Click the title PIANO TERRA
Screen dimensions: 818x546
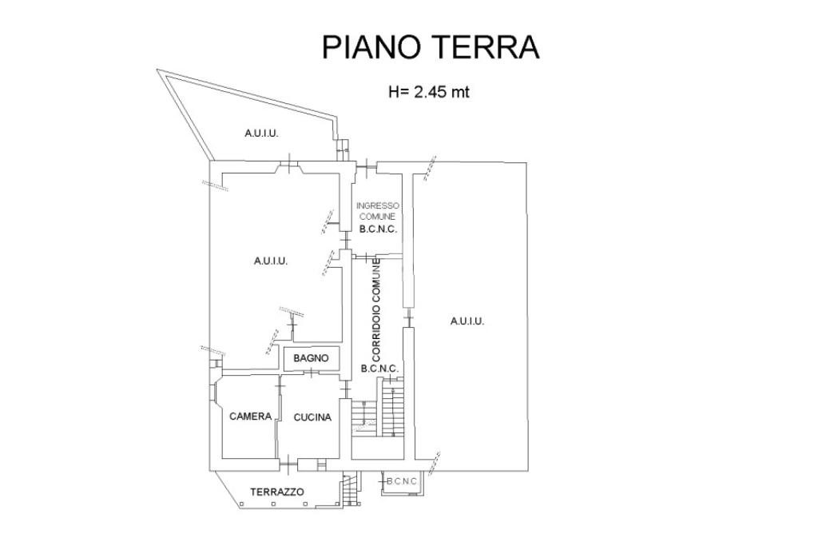431,47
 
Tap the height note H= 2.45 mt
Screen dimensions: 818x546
429,92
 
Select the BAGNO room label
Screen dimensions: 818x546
311,358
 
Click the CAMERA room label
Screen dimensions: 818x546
250,416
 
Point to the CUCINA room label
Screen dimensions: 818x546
312,417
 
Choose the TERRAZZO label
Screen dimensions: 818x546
277,492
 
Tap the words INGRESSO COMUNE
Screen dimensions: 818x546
377,211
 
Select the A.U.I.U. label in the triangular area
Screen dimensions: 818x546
261,134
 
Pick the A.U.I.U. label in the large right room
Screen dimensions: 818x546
467,321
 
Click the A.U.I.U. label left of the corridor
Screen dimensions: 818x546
271,261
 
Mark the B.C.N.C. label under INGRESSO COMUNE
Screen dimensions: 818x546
378,229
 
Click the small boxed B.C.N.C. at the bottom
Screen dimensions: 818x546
402,481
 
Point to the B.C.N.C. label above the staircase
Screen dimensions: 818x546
379,369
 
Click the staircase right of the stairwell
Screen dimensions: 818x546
392,407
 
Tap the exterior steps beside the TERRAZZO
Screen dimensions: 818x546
351,488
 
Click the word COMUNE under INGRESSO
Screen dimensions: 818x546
378,216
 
